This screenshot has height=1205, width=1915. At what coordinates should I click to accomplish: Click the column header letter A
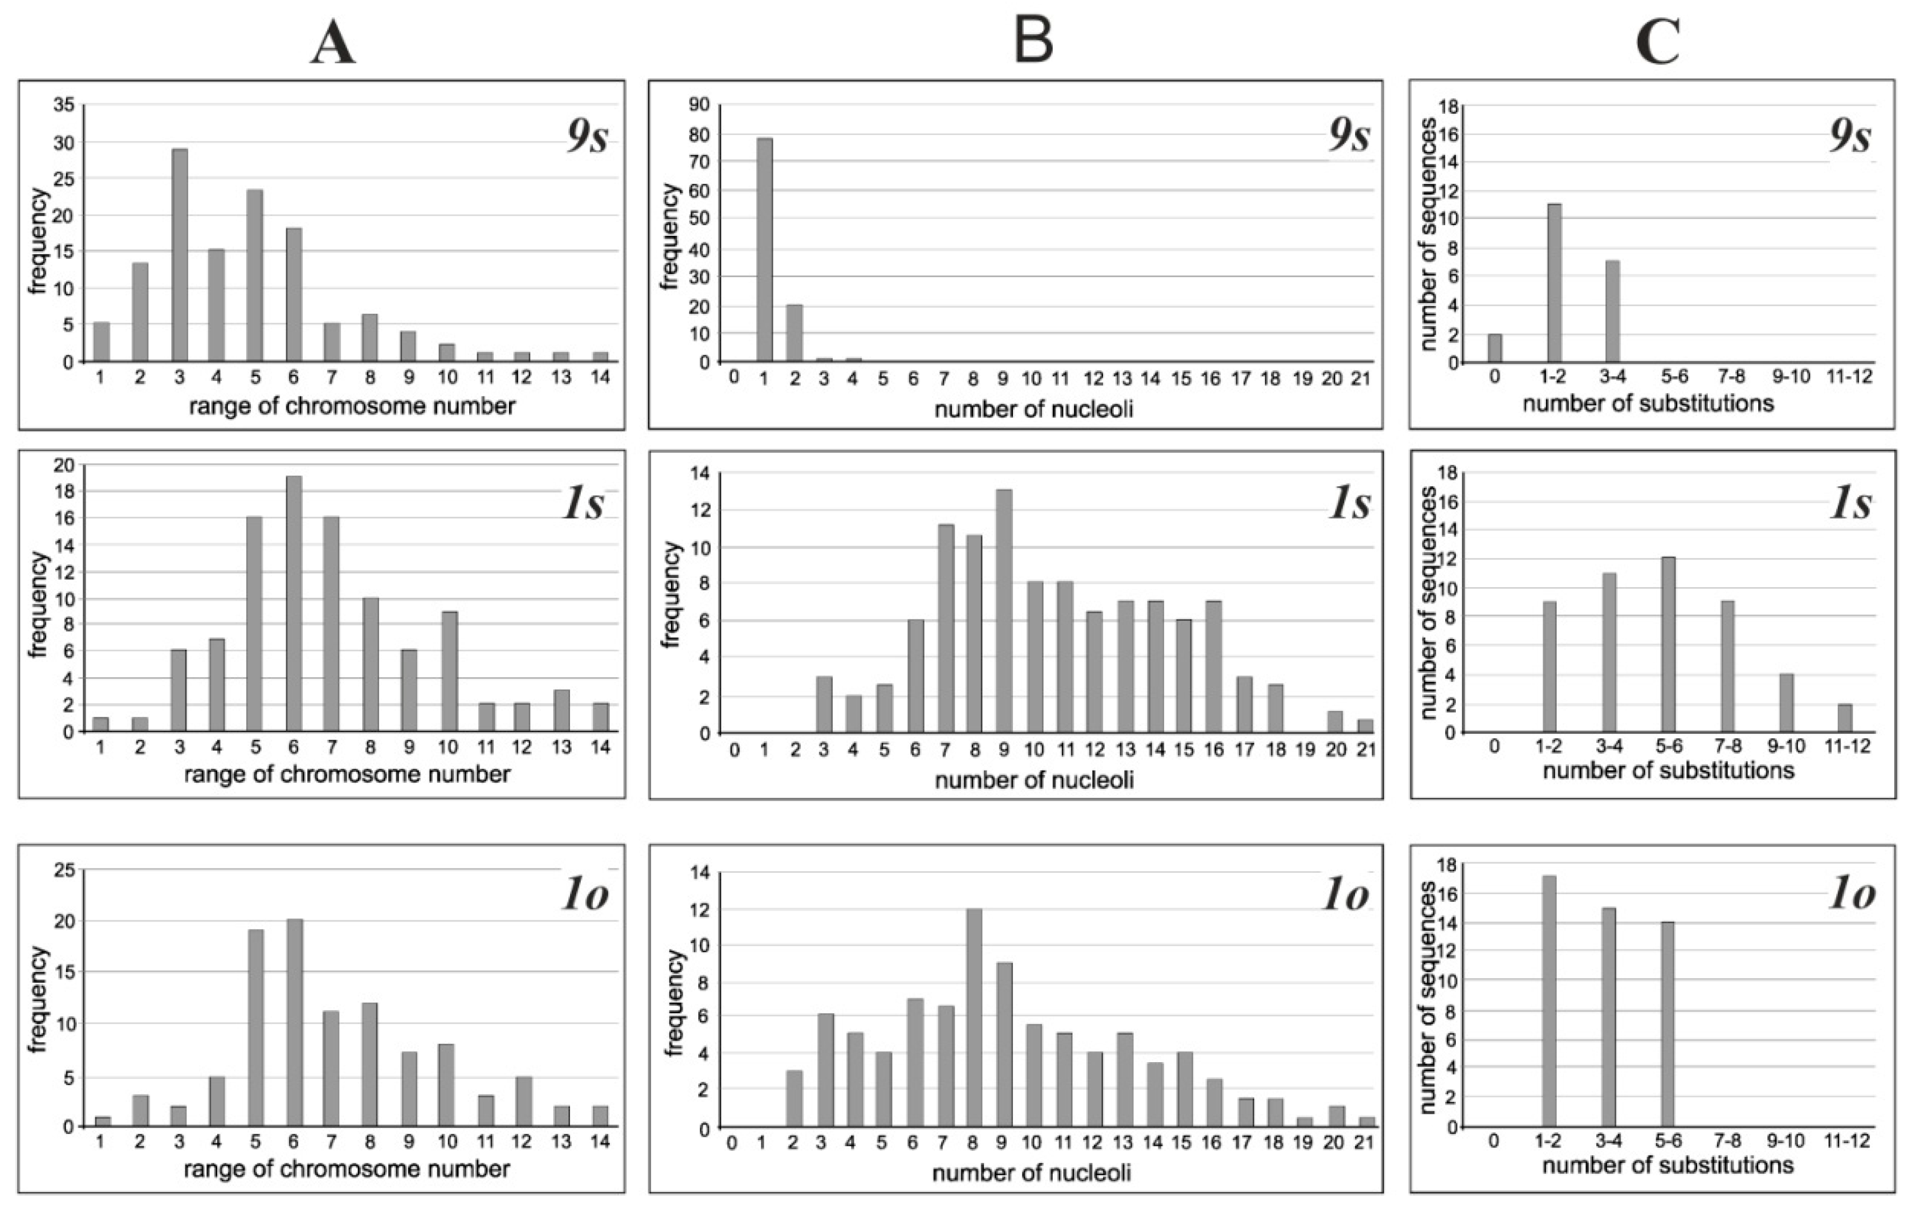[x=333, y=44]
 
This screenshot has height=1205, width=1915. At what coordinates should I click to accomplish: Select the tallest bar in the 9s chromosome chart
[x=180, y=254]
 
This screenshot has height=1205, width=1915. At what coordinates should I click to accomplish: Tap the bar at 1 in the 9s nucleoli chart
[x=764, y=250]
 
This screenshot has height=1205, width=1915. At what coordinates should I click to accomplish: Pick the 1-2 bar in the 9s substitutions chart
[x=1553, y=283]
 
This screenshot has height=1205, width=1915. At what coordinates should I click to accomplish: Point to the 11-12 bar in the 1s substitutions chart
[x=1845, y=718]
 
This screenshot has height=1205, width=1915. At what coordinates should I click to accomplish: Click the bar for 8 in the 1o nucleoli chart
[x=973, y=1018]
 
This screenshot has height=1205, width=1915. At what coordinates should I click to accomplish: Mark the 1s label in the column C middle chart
[x=1851, y=504]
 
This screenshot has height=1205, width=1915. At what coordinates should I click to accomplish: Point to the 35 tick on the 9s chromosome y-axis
[x=64, y=105]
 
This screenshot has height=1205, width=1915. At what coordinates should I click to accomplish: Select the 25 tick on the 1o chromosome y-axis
[x=64, y=870]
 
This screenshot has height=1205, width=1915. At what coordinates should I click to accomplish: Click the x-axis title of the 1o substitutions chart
[x=1667, y=1165]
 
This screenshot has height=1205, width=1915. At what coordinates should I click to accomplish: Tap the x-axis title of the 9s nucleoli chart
[x=1033, y=410]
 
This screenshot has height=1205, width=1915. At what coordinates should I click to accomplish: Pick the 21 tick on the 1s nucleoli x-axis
[x=1365, y=749]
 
